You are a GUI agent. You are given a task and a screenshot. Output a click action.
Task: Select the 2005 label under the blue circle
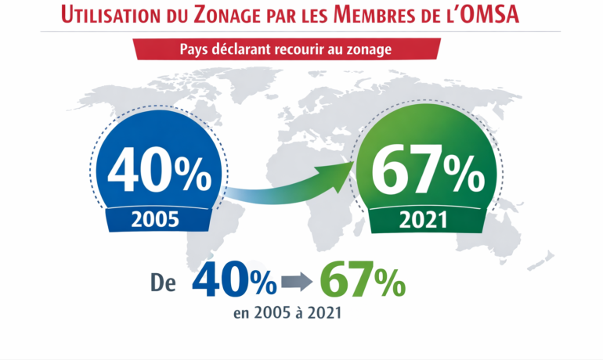click(x=159, y=219)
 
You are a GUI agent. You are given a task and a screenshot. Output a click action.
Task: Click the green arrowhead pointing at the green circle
click(x=336, y=176)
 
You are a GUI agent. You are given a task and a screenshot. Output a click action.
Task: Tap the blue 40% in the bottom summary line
click(x=233, y=280)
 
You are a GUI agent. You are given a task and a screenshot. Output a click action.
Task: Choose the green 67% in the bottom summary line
click(x=362, y=280)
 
